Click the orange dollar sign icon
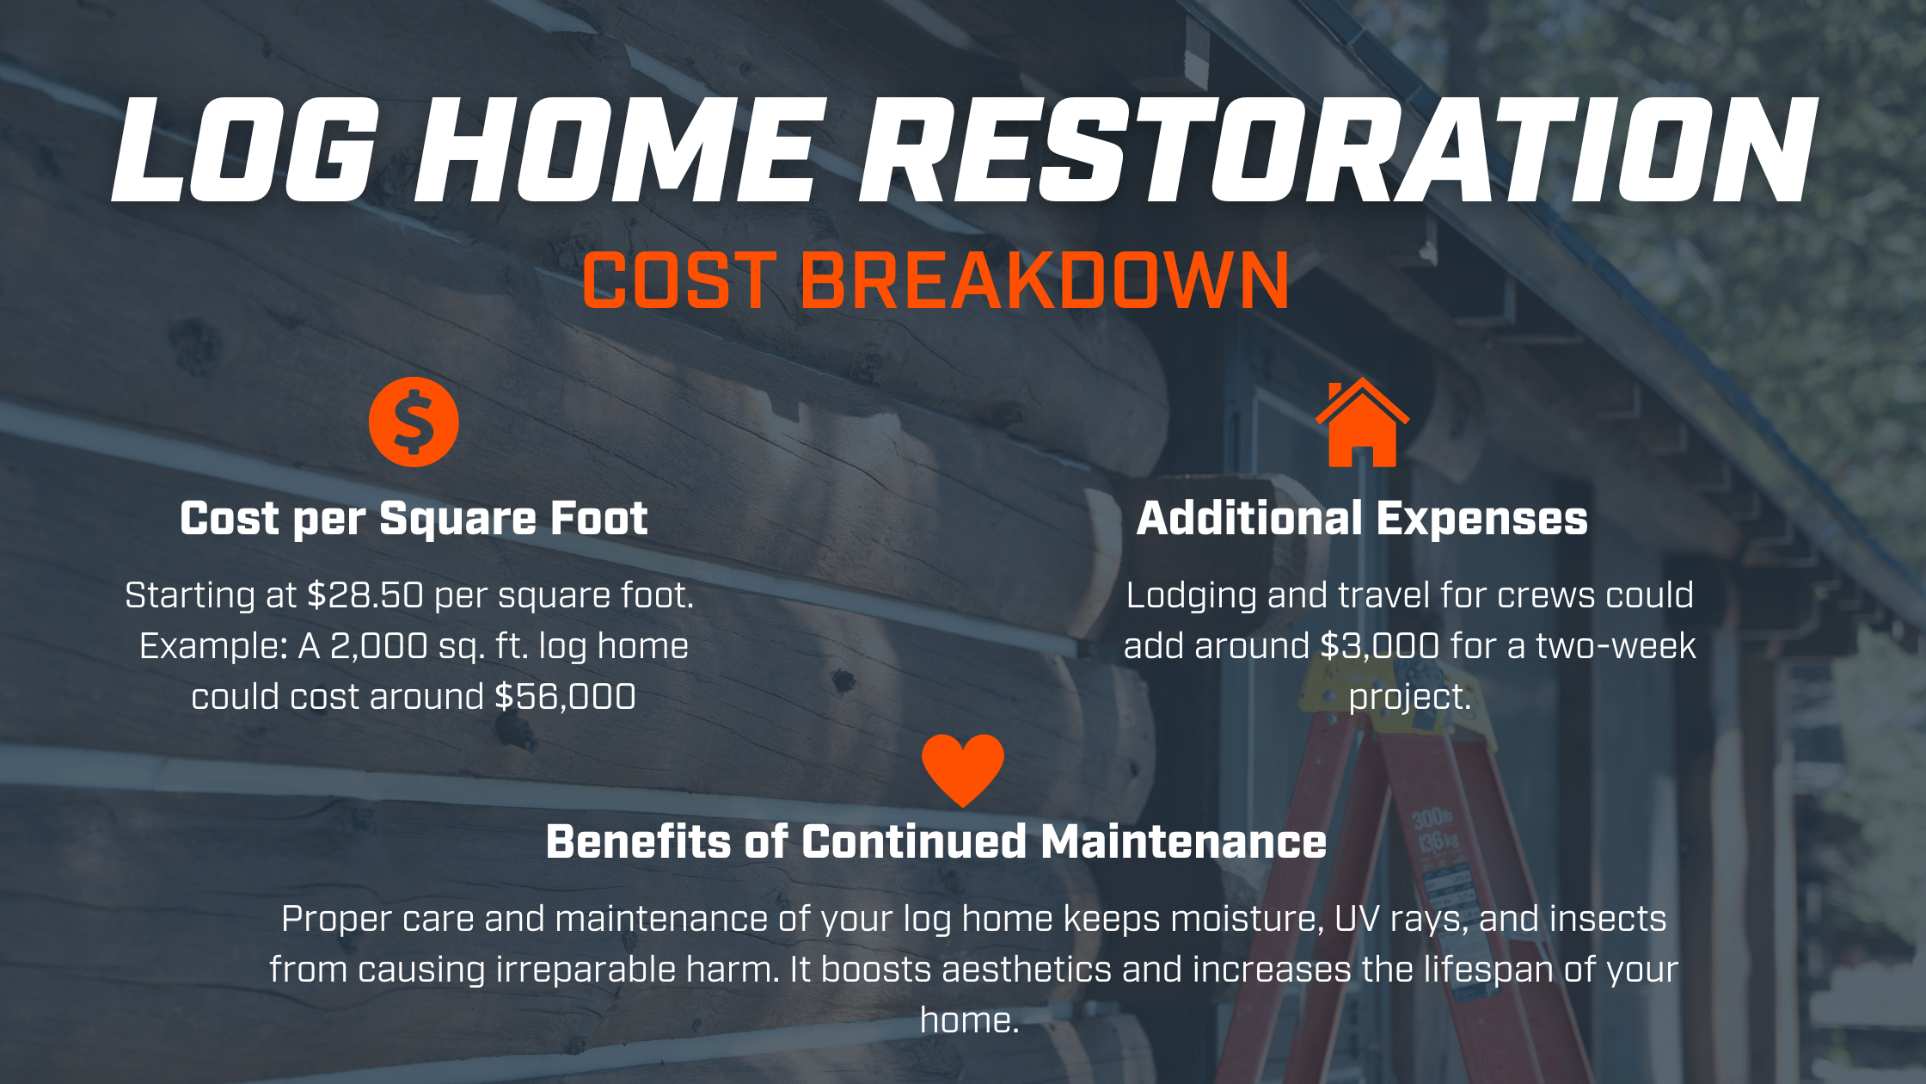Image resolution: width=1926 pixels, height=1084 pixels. (x=414, y=422)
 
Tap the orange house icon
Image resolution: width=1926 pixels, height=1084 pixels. (x=1362, y=424)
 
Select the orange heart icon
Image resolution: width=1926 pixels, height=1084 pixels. (x=963, y=769)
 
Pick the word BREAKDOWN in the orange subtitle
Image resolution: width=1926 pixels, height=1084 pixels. (x=1045, y=280)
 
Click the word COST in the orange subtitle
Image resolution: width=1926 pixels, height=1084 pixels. (x=680, y=280)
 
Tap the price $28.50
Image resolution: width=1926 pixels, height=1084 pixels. (x=365, y=595)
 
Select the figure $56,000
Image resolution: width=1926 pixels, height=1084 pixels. (x=565, y=697)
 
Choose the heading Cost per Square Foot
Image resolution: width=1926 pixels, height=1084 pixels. (x=414, y=519)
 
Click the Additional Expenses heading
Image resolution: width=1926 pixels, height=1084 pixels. (x=1362, y=519)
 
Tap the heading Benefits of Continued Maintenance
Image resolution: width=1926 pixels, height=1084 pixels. (x=936, y=841)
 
